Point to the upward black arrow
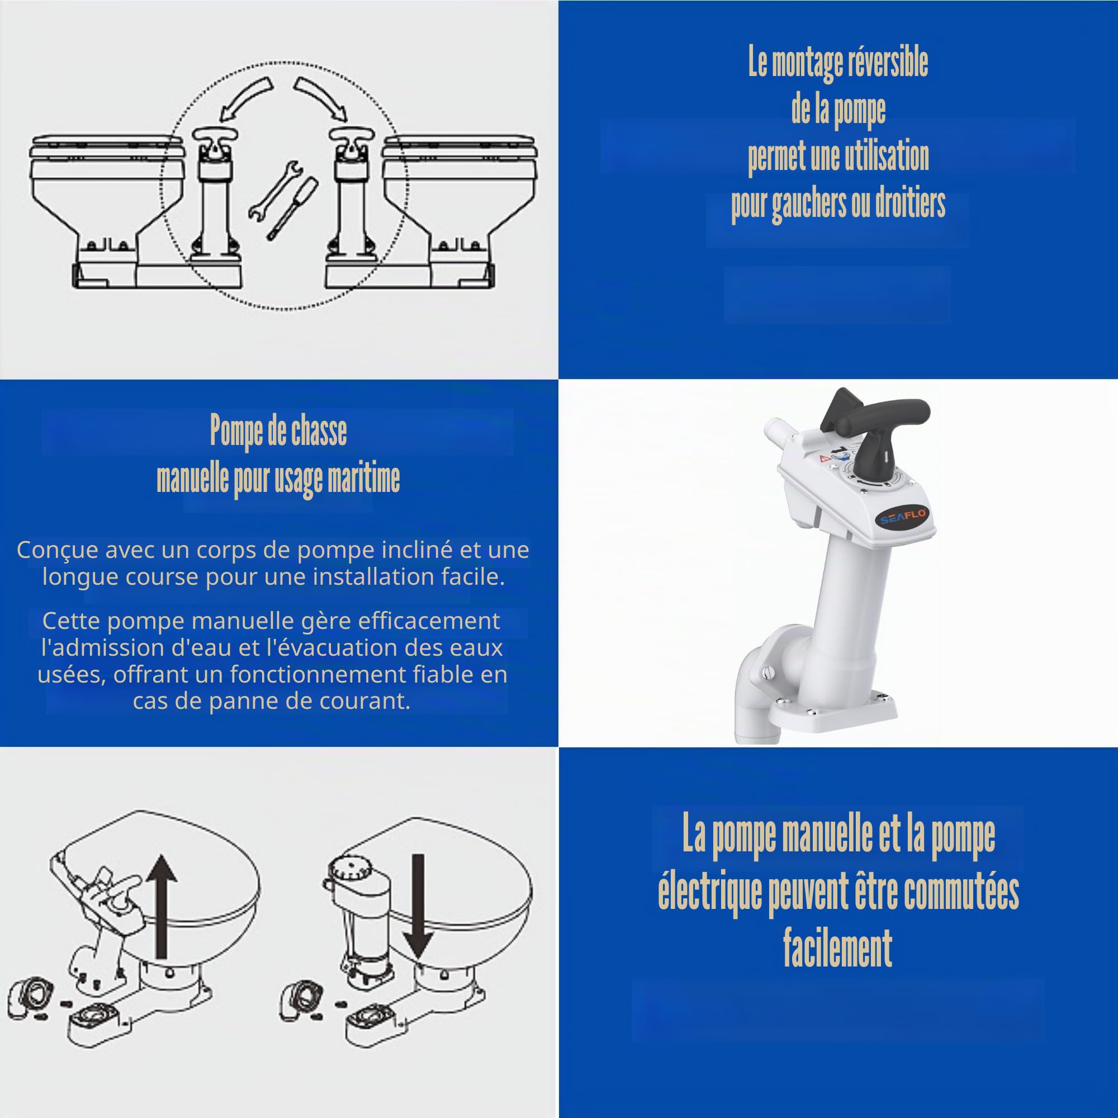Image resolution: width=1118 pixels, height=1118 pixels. point(162,906)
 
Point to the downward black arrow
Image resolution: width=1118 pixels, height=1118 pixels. point(417,907)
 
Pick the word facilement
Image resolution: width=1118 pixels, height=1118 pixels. point(837,948)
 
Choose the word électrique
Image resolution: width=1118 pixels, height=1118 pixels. point(710,893)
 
